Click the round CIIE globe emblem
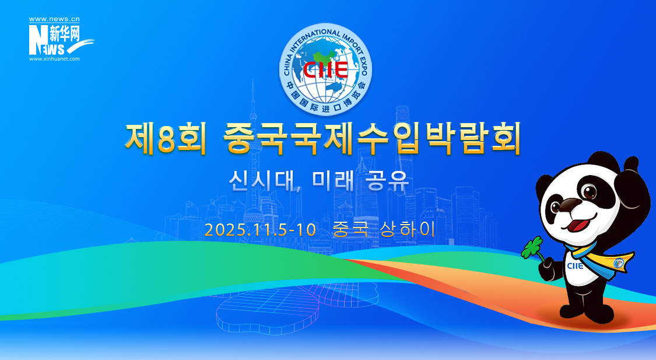(x=325, y=69)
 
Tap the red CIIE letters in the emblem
(x=325, y=69)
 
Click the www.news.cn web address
(x=54, y=19)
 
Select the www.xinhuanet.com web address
(x=54, y=59)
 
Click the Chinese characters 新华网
(x=64, y=33)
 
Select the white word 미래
(x=333, y=180)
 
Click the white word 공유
(x=387, y=180)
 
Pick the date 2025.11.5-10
(x=260, y=230)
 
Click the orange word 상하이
(x=408, y=229)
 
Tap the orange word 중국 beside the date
(x=350, y=229)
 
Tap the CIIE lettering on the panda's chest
(x=576, y=266)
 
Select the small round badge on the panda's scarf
(x=618, y=263)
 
